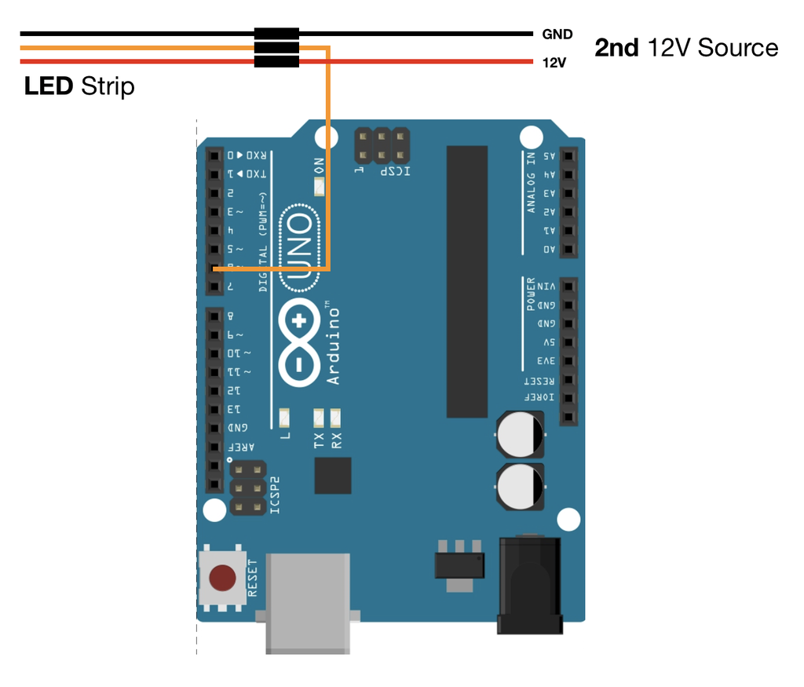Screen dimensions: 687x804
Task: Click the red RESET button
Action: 222,579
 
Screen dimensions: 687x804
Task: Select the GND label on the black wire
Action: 557,35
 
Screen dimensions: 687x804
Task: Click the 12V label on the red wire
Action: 554,62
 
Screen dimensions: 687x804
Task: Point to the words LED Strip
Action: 79,86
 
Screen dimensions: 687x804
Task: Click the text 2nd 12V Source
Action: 686,48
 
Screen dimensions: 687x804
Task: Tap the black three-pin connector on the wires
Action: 276,48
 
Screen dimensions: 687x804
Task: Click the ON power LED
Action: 319,187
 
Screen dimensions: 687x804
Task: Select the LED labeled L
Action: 284,416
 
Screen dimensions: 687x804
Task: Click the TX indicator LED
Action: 319,416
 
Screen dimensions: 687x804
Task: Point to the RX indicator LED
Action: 336,416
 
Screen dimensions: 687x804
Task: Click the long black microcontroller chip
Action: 467,281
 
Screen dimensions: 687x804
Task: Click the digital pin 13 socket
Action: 214,409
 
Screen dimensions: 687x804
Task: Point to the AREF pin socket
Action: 214,448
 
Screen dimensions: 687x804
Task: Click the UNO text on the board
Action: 301,247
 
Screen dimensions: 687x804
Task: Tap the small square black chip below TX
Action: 333,476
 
